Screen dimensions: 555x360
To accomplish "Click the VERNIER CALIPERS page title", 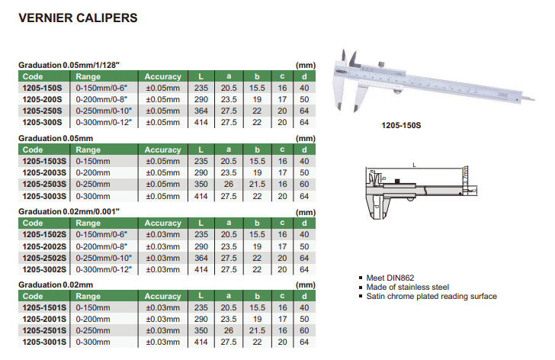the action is [78, 18].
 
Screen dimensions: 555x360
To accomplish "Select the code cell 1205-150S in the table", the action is [42, 88].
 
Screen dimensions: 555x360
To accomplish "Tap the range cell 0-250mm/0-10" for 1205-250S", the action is [104, 111].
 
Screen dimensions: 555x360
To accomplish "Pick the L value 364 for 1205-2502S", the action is [201, 258].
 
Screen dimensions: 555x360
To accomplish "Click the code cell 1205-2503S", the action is [44, 184].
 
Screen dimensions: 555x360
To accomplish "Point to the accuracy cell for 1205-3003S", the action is [163, 196].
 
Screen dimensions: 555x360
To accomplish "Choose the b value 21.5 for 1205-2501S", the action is [257, 330].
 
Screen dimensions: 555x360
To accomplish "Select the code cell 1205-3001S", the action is [44, 342].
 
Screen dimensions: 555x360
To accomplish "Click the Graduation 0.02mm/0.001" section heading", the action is [69, 211].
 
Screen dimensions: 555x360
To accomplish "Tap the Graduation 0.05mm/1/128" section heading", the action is [69, 65].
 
